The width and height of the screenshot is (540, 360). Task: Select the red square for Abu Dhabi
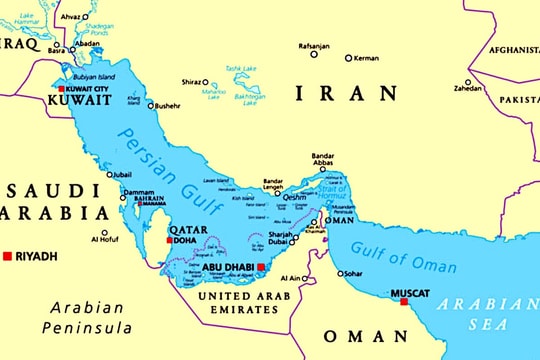point(262,268)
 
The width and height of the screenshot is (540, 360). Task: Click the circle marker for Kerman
point(349,58)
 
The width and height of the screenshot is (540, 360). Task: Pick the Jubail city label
point(119,174)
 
